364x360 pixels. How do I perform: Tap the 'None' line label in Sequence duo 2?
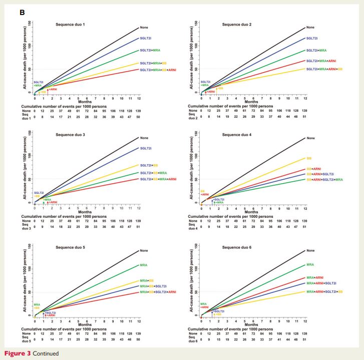[x=310, y=27]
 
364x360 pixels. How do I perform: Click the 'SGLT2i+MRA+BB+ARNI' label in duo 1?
[x=162, y=70]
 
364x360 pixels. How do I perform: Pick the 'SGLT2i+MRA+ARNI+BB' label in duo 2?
[x=324, y=69]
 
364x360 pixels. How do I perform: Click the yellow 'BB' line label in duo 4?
[x=309, y=158]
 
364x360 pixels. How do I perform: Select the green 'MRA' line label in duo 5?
[x=144, y=265]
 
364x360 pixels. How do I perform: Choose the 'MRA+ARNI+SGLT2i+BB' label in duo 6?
[x=324, y=291]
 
